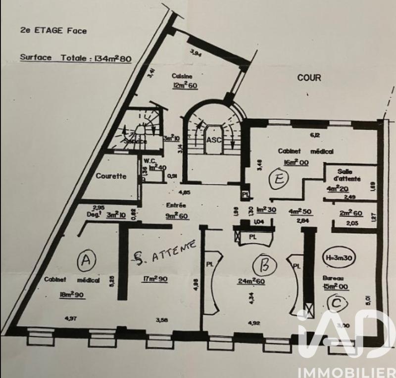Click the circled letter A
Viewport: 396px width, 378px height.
[x=86, y=260]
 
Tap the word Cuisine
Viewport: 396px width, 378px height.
[x=182, y=76]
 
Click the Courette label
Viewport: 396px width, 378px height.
[x=110, y=176]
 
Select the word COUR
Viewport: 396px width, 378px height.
[x=309, y=78]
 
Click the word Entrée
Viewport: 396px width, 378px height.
[x=176, y=204]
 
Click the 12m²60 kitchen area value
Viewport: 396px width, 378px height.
[x=182, y=86]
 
